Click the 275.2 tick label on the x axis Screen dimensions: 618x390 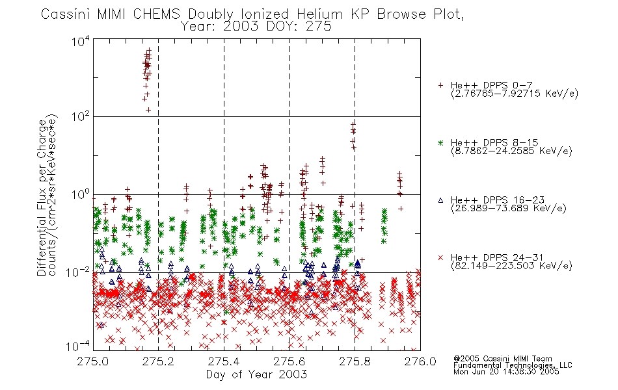point(158,361)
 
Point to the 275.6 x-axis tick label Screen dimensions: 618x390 point(289,361)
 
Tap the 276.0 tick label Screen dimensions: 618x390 point(420,361)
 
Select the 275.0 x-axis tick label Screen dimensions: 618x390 point(92,361)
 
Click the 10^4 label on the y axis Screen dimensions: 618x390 point(81,42)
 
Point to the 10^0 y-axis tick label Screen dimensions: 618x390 point(81,194)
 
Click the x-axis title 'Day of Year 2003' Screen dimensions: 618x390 point(256,374)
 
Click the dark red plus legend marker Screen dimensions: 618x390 point(440,85)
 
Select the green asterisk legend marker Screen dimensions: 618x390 point(440,143)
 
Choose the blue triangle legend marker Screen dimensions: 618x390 point(440,200)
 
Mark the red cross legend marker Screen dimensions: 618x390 point(440,257)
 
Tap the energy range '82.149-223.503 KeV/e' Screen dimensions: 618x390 point(511,266)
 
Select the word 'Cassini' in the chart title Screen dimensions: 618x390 point(66,14)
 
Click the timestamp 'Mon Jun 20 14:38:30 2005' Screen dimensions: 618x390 point(506,372)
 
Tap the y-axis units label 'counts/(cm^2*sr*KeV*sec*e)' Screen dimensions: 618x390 point(53,195)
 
